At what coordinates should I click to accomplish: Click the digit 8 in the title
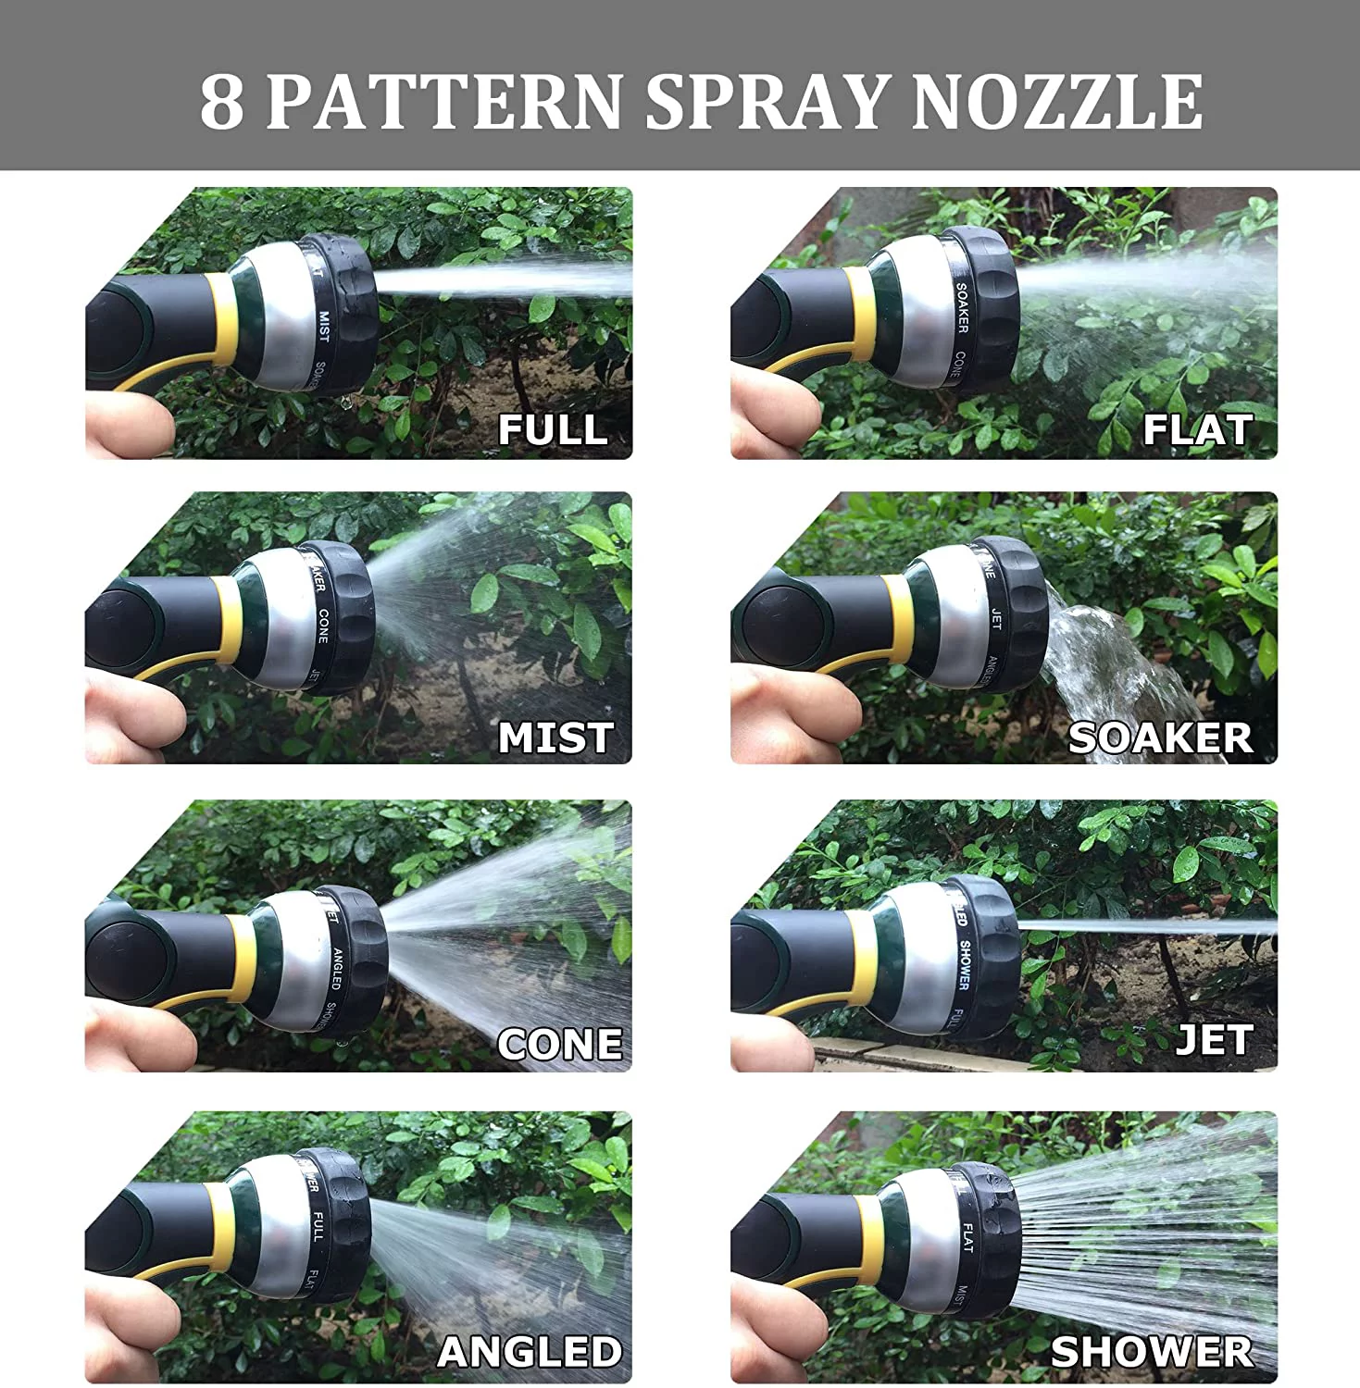pos(221,102)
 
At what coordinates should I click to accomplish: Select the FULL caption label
pos(553,429)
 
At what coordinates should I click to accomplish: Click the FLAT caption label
pos(1197,429)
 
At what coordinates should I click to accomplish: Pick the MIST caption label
pos(555,737)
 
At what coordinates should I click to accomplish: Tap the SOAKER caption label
pos(1160,737)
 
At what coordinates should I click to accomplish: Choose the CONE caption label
pos(559,1044)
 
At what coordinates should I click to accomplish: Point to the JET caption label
pos(1214,1040)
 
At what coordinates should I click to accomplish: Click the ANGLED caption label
pos(530,1352)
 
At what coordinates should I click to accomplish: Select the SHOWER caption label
pos(1152,1352)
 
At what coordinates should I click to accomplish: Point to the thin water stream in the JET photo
pos(1148,925)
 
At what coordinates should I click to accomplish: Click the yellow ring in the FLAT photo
pos(861,315)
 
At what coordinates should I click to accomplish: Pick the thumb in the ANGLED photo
pos(130,1332)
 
